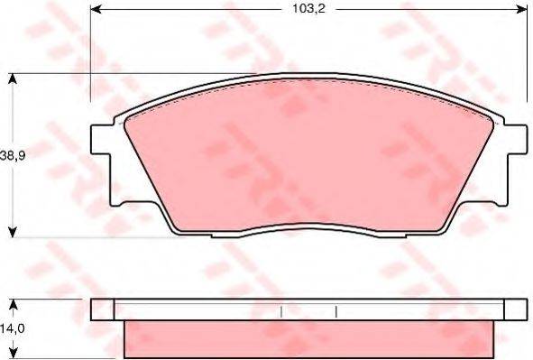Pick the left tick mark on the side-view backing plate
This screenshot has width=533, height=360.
tap(282, 311)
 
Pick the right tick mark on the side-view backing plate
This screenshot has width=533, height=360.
tap(336, 311)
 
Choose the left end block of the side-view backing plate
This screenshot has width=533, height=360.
tap(103, 309)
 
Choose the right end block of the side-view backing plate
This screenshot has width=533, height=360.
tap(514, 309)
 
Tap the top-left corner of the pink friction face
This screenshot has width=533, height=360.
tap(127, 117)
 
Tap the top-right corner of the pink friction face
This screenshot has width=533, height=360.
tap(490, 117)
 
